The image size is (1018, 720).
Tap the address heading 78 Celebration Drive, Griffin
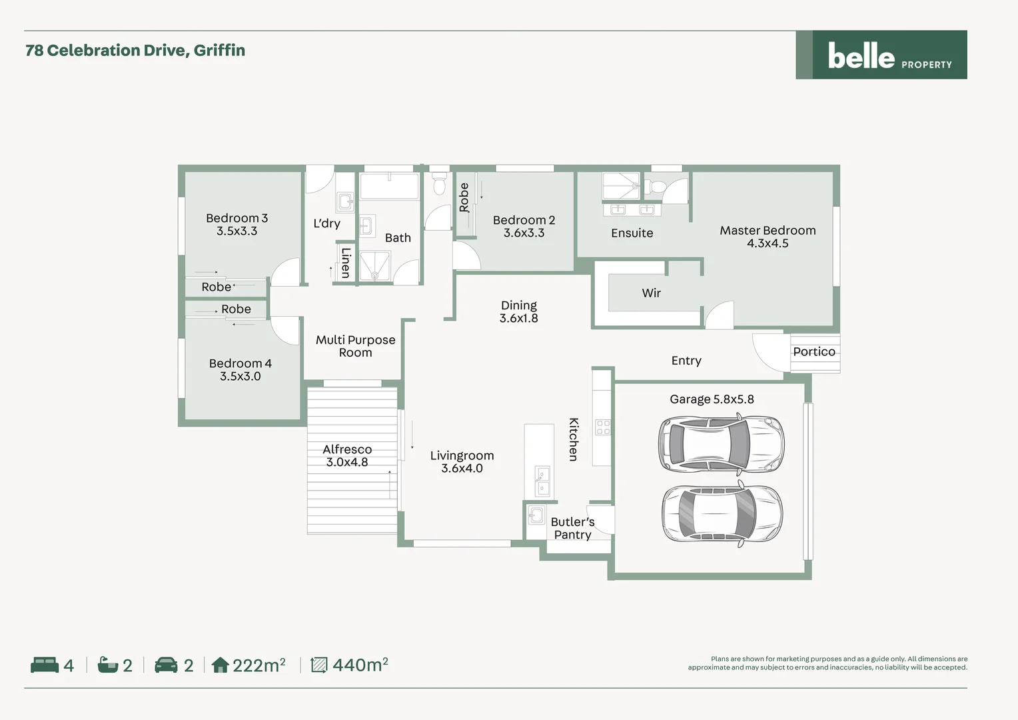[135, 51]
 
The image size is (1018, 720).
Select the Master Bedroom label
[767, 231]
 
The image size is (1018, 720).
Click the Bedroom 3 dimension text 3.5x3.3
[237, 231]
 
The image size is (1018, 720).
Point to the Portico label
[813, 352]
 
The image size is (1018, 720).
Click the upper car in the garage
[721, 443]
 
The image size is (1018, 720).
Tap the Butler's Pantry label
[572, 528]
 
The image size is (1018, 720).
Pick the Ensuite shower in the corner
[620, 186]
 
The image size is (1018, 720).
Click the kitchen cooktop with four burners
[602, 427]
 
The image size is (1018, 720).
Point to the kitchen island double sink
[543, 481]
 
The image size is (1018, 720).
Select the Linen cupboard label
[345, 263]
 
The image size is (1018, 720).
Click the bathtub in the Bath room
[390, 186]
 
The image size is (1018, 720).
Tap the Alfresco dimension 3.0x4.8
[347, 462]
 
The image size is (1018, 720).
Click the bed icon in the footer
[45, 665]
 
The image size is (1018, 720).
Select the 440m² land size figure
[360, 665]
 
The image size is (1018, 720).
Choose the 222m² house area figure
[258, 665]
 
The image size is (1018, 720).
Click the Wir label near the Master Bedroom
[651, 293]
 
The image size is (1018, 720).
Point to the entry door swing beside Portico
[767, 352]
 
